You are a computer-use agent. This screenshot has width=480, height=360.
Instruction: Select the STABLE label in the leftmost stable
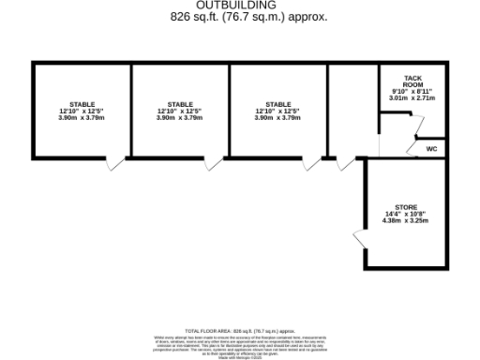82,104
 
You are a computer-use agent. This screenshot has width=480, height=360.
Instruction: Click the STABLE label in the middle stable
180,104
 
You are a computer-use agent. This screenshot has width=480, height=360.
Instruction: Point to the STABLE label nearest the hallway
277,104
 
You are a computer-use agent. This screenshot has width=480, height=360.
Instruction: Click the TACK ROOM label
412,81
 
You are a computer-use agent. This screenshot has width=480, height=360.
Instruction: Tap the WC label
431,148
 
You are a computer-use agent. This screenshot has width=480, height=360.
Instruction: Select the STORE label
405,206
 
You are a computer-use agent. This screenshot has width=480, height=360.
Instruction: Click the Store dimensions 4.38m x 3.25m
405,220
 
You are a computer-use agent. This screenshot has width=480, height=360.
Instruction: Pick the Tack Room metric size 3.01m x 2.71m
412,97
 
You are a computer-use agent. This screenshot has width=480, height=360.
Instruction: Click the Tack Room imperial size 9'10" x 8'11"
412,91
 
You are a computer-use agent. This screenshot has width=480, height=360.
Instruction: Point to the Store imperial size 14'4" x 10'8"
405,214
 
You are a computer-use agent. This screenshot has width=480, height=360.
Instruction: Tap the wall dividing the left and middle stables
130,111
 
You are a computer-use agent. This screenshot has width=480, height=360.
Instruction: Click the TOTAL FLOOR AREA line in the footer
239,331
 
